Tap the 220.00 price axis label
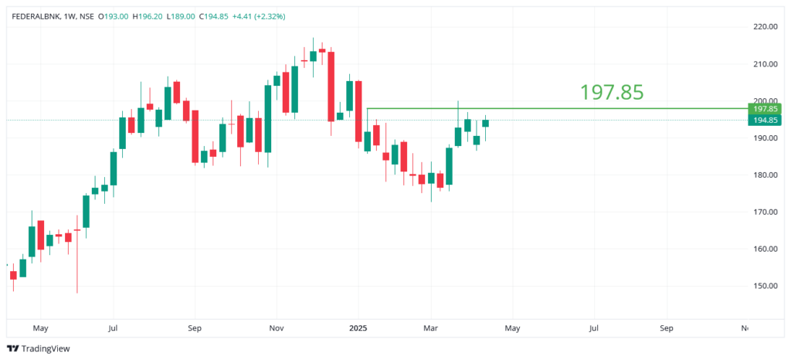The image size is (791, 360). (x=765, y=27)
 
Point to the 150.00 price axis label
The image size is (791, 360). (x=765, y=286)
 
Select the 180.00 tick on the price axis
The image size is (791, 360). (x=765, y=175)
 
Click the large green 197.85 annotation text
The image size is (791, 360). (x=612, y=93)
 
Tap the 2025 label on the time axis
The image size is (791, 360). (x=358, y=328)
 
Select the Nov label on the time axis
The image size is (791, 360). (x=276, y=328)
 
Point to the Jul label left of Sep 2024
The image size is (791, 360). (x=113, y=328)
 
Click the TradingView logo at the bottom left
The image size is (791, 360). (x=38, y=348)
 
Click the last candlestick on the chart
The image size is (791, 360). (x=486, y=122)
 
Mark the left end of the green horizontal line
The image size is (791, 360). (x=368, y=108)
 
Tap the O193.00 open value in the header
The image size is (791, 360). (x=108, y=15)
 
